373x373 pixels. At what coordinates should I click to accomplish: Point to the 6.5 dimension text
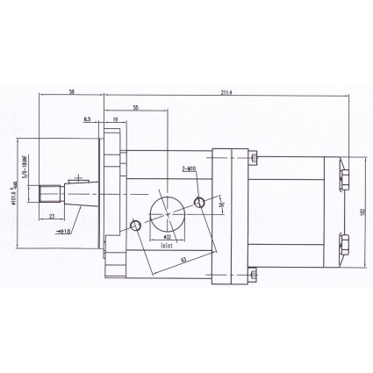88,117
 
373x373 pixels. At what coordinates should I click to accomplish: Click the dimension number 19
116,117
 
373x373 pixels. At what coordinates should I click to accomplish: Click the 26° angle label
222,207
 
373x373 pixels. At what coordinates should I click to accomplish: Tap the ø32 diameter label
167,237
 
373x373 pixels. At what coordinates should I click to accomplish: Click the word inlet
167,247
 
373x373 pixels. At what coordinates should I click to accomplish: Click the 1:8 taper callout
63,231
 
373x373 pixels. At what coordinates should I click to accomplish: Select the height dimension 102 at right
362,212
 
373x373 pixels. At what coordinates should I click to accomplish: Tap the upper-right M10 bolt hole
201,202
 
